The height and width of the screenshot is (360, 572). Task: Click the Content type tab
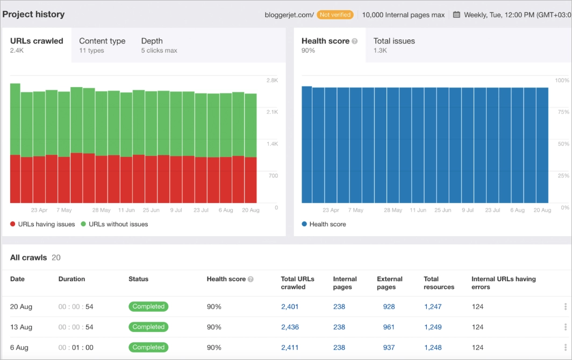tap(102, 45)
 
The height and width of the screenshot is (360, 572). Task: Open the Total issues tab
tap(394, 45)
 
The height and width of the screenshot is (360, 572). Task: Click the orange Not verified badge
tap(335, 15)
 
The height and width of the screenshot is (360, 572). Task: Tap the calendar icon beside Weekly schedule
tap(456, 15)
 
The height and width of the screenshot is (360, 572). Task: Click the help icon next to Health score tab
tap(355, 41)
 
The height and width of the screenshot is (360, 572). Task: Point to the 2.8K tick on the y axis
tap(272, 81)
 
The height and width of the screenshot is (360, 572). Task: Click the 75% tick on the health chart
tap(562, 112)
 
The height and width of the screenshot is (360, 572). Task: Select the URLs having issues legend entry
tap(42, 224)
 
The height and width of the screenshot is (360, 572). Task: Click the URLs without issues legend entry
tap(114, 224)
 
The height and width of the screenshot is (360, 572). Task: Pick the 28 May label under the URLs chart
tap(101, 211)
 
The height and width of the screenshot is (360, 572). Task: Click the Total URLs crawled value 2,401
tap(290, 307)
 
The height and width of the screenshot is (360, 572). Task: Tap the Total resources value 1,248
tap(433, 348)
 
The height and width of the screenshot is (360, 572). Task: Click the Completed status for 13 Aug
tap(148, 327)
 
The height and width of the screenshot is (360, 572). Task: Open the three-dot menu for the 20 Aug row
tap(565, 307)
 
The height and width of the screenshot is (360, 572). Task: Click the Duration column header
tap(71, 279)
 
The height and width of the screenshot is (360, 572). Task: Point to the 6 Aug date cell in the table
tap(19, 348)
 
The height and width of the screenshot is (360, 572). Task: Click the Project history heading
tap(33, 15)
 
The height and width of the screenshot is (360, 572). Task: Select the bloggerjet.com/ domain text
tap(289, 15)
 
